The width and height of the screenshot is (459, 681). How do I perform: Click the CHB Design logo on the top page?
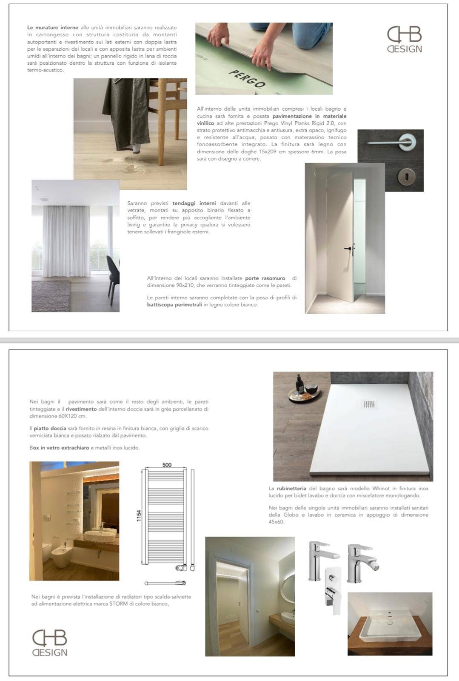[404, 40]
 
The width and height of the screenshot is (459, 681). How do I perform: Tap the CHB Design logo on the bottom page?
[50, 643]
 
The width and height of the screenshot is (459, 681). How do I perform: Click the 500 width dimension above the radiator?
[167, 465]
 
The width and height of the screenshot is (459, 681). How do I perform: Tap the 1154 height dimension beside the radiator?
[139, 516]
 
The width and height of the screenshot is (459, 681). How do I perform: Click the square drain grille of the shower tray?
[369, 404]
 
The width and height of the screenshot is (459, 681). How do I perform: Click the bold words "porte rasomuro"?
[265, 278]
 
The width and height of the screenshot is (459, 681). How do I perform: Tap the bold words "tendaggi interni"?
[194, 203]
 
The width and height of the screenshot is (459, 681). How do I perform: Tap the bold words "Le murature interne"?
[53, 28]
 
